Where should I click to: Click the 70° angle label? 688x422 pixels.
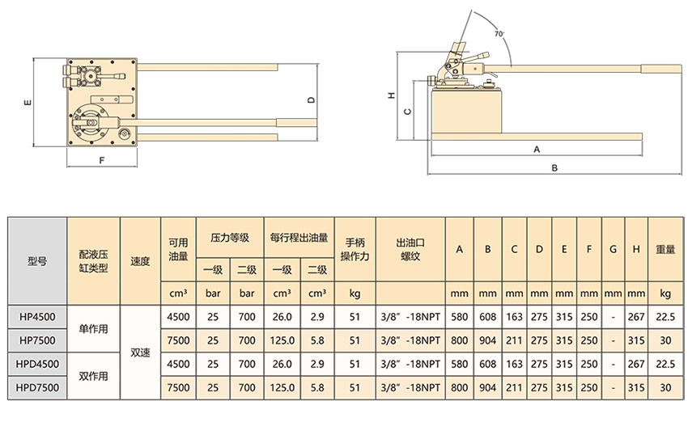(x=499, y=34)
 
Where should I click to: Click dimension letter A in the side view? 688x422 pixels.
(x=537, y=150)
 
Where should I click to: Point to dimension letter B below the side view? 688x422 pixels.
(x=554, y=168)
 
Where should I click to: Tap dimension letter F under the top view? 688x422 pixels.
(x=102, y=160)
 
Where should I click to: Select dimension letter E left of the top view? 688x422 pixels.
(x=28, y=103)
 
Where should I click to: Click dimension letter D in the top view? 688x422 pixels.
(x=311, y=100)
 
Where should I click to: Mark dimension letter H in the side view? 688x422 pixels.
(x=392, y=95)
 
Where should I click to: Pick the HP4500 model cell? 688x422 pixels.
(x=37, y=317)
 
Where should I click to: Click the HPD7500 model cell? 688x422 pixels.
(x=37, y=388)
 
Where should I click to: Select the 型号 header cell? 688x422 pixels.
(x=37, y=261)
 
